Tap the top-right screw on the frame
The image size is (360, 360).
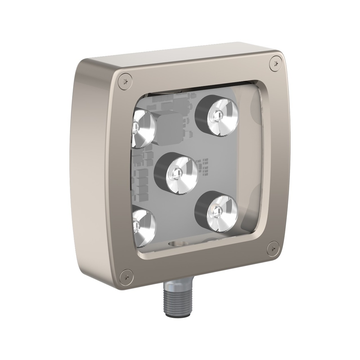[276, 63]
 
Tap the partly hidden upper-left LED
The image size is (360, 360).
[142, 127]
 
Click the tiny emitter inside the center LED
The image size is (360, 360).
[177, 173]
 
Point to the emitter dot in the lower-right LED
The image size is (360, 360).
[216, 212]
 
